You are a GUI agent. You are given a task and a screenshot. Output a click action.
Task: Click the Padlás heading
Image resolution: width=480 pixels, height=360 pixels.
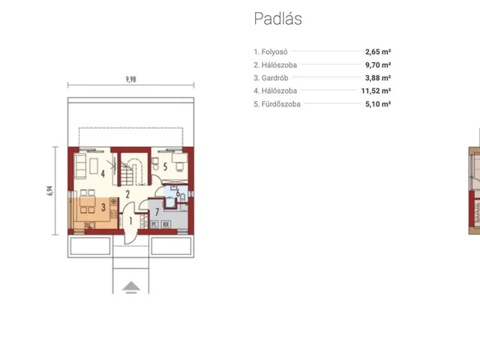click(x=278, y=18)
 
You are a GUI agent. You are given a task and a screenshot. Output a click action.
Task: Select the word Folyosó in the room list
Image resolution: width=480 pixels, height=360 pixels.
click(x=274, y=52)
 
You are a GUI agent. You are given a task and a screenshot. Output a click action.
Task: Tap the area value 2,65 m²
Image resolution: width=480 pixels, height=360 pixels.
click(x=378, y=52)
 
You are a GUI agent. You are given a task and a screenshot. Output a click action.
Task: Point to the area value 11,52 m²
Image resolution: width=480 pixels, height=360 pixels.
click(x=376, y=91)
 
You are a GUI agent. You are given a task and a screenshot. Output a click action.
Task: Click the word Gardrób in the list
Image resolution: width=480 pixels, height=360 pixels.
click(x=274, y=78)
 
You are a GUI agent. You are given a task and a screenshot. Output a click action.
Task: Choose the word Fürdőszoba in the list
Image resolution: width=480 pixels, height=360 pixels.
click(x=280, y=104)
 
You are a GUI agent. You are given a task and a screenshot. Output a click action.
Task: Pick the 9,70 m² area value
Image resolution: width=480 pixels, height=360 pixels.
click(x=378, y=65)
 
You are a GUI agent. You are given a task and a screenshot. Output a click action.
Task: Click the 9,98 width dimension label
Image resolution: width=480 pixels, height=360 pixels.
click(x=130, y=79)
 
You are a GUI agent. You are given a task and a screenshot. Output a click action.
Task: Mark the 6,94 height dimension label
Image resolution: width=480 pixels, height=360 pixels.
click(x=50, y=190)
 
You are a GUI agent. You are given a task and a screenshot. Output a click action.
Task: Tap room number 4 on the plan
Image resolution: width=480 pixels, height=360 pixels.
click(x=103, y=174)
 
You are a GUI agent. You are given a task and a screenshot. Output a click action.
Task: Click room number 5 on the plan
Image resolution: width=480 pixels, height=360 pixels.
click(x=165, y=166)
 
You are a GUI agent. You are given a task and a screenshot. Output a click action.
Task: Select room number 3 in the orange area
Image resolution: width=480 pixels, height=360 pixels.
click(x=103, y=207)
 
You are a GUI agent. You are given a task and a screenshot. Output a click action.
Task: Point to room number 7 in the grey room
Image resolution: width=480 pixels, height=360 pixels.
click(x=157, y=211)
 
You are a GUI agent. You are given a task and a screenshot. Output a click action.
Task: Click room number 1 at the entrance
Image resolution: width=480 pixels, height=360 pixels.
click(x=130, y=220)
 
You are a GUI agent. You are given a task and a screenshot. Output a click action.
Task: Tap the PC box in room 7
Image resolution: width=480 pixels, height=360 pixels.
click(x=154, y=224)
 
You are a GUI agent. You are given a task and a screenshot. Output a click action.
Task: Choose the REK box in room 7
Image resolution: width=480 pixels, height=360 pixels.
click(x=166, y=224)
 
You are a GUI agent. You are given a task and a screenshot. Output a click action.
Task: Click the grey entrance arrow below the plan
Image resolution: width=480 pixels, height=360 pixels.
click(x=131, y=287)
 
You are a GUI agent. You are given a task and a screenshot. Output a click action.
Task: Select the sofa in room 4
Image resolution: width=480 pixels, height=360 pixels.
click(x=80, y=166)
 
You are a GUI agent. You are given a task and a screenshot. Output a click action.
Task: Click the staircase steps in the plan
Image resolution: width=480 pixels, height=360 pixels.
click(x=127, y=174)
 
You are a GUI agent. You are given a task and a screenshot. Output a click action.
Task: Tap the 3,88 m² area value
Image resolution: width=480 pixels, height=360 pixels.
click(x=378, y=78)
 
